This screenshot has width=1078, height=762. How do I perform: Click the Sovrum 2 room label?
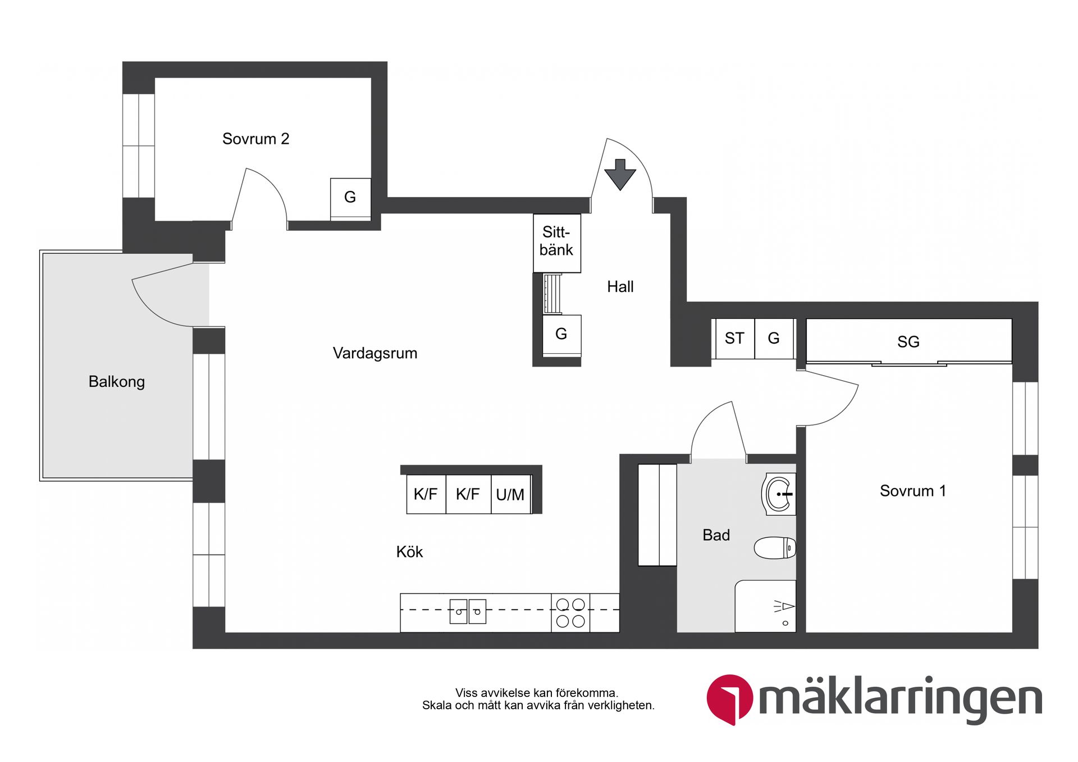255,139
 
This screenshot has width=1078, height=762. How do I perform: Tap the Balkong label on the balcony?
117,382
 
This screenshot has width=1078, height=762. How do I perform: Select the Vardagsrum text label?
374,353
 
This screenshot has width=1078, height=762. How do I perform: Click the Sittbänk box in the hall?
556,242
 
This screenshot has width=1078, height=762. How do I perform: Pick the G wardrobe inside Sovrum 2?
350,198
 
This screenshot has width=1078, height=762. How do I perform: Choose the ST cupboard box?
734,339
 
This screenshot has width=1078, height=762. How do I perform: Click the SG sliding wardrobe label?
908,341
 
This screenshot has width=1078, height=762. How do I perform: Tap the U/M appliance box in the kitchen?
510,495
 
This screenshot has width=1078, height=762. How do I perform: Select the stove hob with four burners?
570,613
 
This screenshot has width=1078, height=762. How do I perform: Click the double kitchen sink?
468,612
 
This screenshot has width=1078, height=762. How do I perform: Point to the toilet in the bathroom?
774,548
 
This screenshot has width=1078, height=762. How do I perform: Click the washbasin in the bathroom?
779,494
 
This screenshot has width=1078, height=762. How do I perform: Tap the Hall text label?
620,287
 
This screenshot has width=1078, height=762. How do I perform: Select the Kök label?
409,552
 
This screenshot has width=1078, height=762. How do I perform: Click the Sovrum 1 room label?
912,491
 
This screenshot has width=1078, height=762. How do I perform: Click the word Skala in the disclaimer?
437,706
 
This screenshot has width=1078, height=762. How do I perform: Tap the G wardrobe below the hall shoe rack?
561,335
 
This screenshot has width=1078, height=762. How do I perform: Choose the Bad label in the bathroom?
716,535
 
